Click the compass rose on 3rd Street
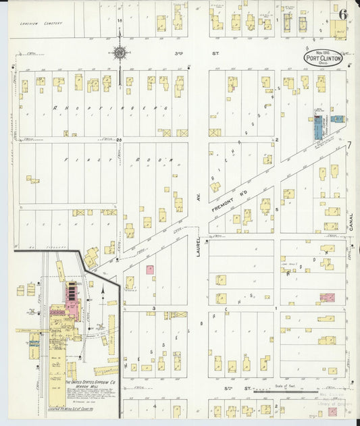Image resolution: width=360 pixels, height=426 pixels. click(120, 53)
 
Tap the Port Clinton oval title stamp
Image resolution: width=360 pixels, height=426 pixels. click(323, 57)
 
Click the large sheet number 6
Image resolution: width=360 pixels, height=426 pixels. click(344, 14)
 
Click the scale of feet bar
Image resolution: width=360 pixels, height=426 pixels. click(284, 391)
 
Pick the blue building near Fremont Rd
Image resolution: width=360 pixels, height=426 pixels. click(317, 128)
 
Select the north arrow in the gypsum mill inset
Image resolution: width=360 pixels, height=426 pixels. click(101, 290)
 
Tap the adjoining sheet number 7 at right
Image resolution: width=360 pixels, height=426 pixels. click(350, 144)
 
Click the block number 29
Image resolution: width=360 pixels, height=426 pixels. click(119, 140)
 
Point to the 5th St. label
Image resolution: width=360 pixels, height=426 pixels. click(242, 390)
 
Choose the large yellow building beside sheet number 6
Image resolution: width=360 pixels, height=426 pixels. click(338, 29)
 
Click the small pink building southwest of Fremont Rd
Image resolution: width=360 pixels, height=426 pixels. click(150, 269)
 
